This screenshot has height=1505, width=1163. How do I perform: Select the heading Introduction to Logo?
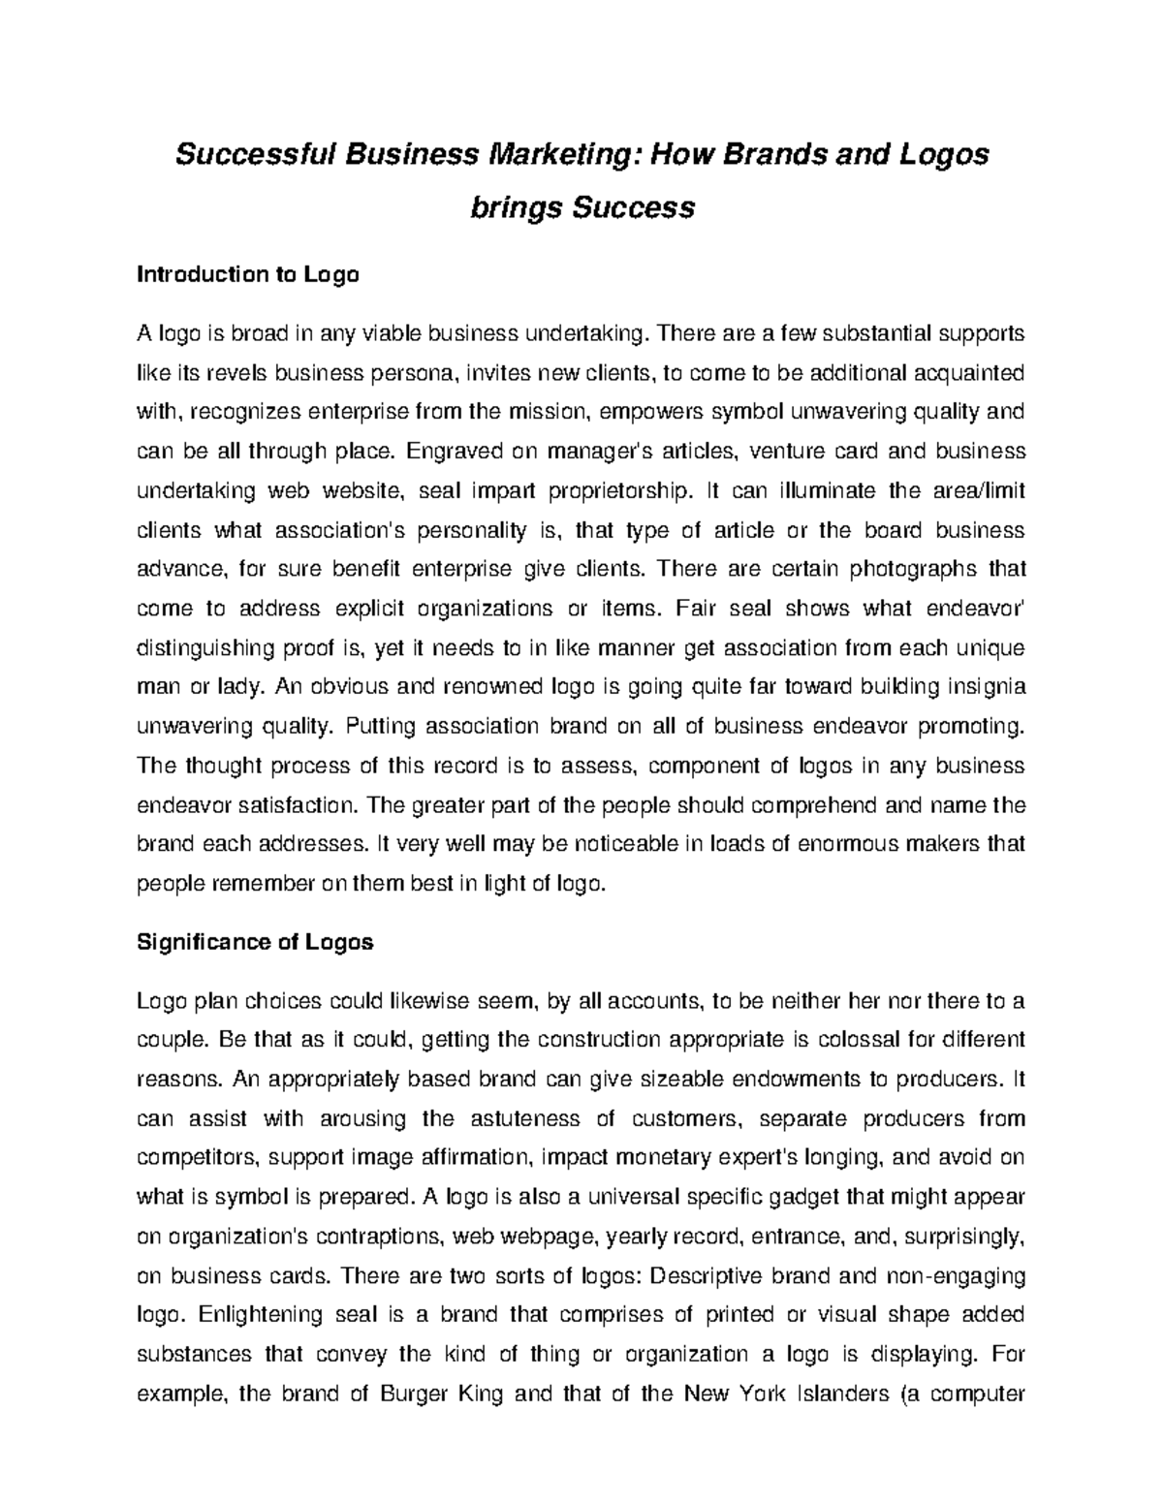tap(248, 275)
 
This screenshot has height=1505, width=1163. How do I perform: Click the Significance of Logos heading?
tap(255, 942)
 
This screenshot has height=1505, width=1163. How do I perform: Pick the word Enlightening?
tap(257, 1315)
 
